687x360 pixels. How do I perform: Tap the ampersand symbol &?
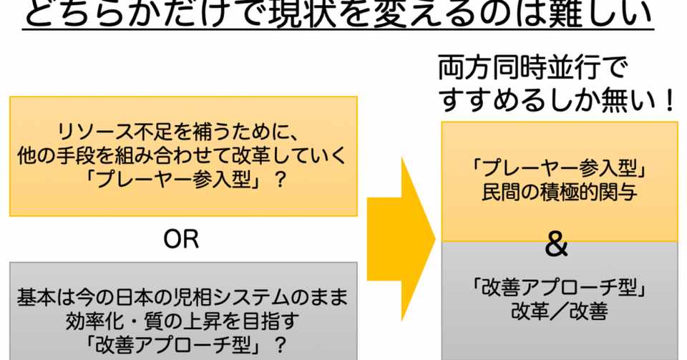(x=557, y=246)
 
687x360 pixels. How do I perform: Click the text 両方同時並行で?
(x=532, y=70)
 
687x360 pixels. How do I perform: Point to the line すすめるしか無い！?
(x=557, y=101)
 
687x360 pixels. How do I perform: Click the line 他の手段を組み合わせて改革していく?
(x=183, y=155)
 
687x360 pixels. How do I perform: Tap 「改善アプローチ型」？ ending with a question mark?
(x=183, y=344)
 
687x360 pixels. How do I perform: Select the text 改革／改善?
(x=560, y=312)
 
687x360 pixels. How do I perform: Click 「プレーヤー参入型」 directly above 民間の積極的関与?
(x=560, y=169)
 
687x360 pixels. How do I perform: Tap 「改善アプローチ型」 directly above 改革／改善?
(x=560, y=288)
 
